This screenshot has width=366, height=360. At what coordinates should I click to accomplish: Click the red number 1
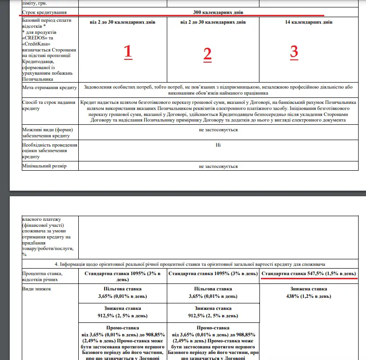pos(128,52)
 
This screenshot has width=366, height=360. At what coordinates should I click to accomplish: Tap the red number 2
pos(207,54)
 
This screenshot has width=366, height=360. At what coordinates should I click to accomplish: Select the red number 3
pos(294,51)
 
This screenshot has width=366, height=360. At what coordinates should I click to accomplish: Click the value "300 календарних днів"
pos(218,12)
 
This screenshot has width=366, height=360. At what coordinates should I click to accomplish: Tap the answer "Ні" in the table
pos(218,145)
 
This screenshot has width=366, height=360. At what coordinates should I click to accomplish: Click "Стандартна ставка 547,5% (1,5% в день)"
pos(309,274)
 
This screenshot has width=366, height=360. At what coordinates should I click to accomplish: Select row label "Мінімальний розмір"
pos(44,166)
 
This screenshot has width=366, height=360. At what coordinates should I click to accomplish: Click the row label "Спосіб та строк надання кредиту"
pos(48,105)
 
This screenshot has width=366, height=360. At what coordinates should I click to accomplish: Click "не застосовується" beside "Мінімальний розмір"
pos(218,166)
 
